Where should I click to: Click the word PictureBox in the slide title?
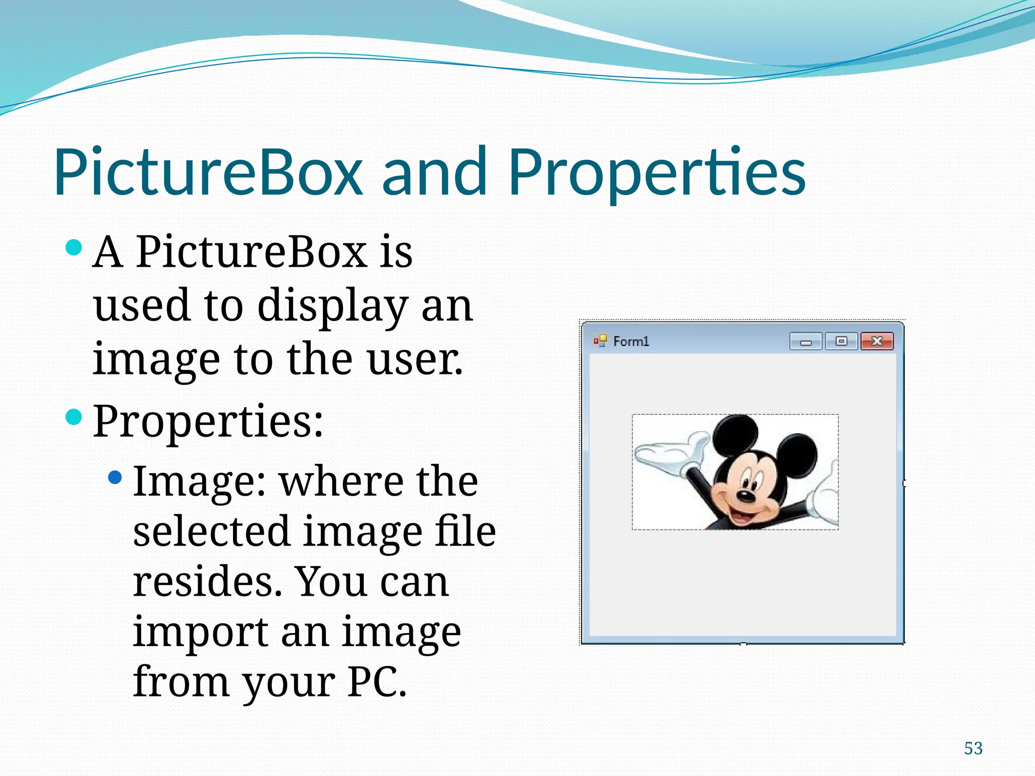click(x=208, y=171)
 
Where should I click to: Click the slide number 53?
click(x=973, y=748)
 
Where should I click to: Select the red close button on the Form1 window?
click(x=877, y=342)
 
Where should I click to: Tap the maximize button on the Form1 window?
click(x=841, y=342)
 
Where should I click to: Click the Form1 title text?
click(x=631, y=342)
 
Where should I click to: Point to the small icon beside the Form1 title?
click(x=600, y=342)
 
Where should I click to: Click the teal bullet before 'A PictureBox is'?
click(x=74, y=248)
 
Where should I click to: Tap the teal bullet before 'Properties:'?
click(x=74, y=417)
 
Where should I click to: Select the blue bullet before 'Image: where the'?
click(x=115, y=477)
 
